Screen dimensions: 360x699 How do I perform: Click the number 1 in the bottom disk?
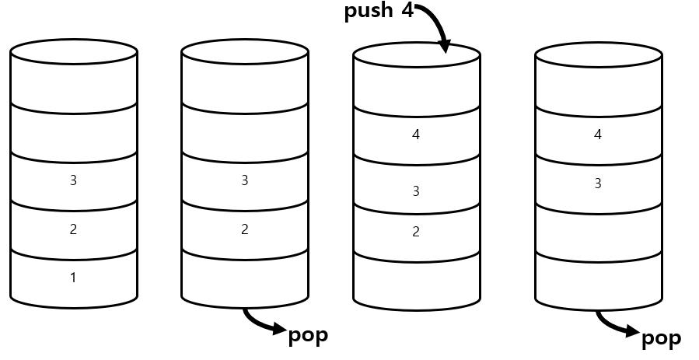73,278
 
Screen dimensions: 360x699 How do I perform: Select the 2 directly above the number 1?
73,229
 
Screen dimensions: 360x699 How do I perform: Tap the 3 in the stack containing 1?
73,180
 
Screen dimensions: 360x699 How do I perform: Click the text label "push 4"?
379,13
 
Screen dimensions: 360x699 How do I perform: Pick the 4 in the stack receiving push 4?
416,135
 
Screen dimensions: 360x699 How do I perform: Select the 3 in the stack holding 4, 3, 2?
416,190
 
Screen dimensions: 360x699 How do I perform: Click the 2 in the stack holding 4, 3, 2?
416,231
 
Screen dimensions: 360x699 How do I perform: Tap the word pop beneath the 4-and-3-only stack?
661,337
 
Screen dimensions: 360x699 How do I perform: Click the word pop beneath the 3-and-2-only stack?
308,335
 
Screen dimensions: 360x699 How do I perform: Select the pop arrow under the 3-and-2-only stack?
264,323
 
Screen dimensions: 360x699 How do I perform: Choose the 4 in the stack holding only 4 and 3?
598,135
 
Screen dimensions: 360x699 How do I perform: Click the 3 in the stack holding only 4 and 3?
598,184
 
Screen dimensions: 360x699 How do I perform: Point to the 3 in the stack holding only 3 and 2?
245,180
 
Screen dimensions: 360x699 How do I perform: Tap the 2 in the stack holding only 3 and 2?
245,229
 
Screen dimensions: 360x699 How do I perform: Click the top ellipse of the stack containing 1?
74,52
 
